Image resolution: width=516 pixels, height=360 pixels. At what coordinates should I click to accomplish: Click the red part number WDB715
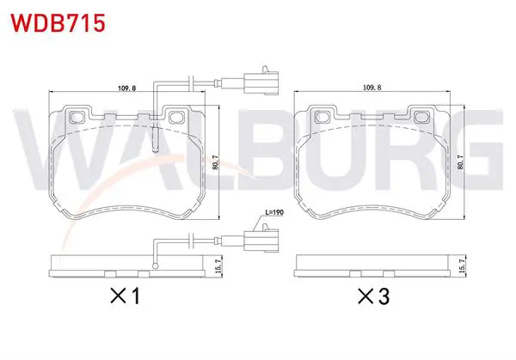[58, 22]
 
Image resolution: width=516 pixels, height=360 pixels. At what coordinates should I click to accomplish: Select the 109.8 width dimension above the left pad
[126, 88]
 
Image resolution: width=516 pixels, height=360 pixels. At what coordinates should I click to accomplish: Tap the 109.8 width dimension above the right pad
[372, 88]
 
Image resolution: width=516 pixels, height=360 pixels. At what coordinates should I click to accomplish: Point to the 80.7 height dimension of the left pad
[216, 162]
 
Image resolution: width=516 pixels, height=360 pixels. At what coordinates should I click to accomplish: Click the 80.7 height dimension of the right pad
[461, 162]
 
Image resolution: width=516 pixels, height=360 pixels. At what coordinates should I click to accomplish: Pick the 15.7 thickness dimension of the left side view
[218, 265]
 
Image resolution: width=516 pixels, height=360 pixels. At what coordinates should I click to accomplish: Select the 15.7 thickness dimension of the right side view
[463, 265]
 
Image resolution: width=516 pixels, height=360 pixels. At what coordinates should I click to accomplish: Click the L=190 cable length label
[274, 212]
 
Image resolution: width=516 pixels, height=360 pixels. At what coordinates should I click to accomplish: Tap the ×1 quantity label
[126, 296]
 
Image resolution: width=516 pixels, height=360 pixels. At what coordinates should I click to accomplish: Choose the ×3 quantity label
[374, 296]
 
